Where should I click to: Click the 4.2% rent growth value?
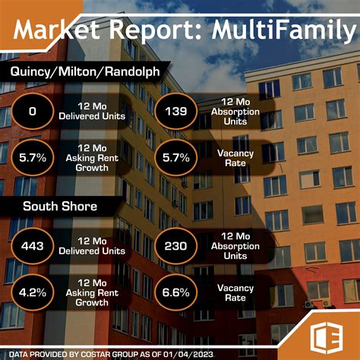33,289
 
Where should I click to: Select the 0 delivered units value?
33,112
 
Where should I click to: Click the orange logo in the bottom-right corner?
327,331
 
